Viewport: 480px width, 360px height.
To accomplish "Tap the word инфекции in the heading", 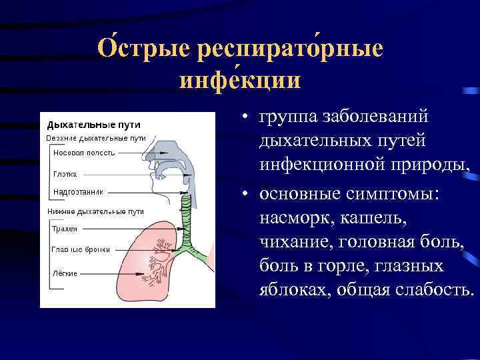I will [x=240, y=81].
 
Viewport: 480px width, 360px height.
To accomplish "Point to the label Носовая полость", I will [x=84, y=152].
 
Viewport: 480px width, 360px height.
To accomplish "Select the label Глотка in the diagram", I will [x=65, y=173].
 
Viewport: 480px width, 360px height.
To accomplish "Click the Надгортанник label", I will [x=78, y=192].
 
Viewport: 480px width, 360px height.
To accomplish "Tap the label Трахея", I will [x=65, y=228].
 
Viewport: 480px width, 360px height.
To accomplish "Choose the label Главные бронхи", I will [x=77, y=249].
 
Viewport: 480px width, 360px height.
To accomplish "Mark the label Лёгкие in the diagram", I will [x=65, y=273].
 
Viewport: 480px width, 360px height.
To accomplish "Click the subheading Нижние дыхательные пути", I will [x=96, y=211].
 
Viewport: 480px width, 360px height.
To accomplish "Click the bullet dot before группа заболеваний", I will [x=246, y=118].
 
